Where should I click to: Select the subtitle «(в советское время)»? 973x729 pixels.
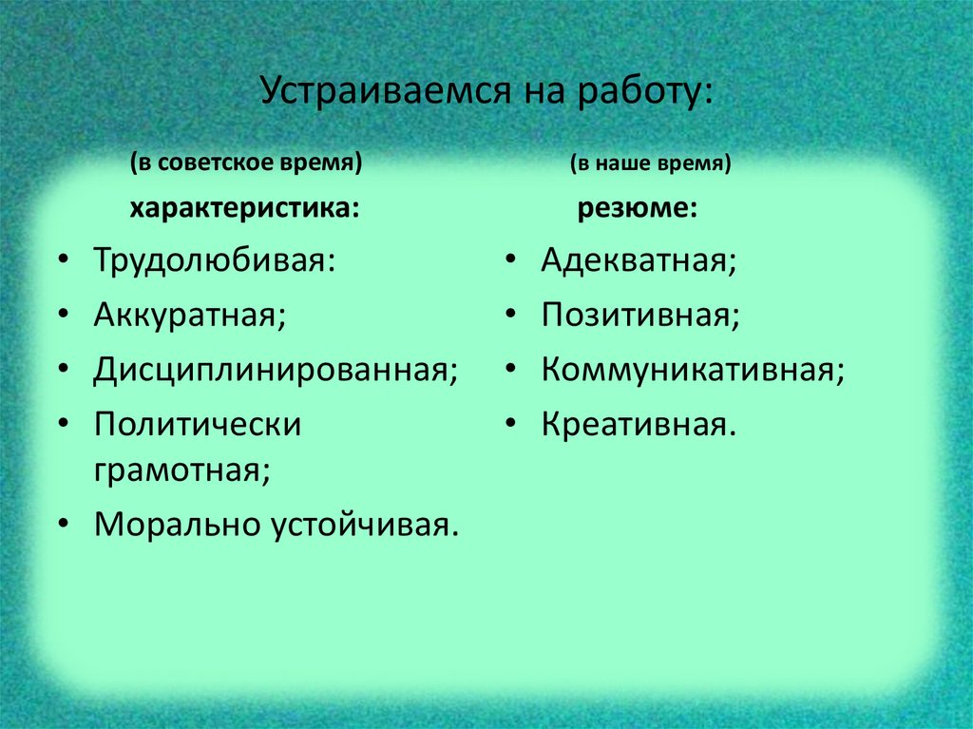coord(247,163)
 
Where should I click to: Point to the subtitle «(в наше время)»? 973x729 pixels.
coord(651,163)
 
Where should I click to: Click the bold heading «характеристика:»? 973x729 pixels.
coord(245,208)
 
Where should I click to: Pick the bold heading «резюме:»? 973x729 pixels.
coord(638,208)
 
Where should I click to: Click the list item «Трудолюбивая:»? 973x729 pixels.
coord(214,260)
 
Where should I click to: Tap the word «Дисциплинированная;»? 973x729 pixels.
coord(276,370)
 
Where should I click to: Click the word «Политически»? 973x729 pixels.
coord(198,424)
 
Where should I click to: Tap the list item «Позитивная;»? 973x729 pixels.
coord(640,315)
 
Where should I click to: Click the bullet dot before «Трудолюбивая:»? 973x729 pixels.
coord(63,261)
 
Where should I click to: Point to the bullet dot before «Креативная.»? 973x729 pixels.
coord(511,425)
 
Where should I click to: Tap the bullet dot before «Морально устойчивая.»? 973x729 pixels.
coord(63,526)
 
